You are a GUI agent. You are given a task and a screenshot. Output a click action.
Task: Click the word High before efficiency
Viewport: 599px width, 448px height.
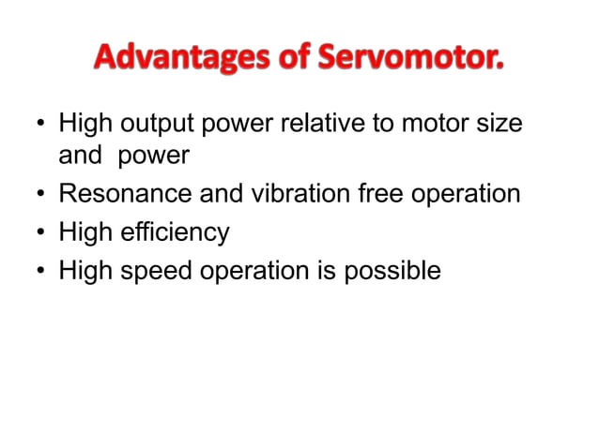click(x=85, y=232)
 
